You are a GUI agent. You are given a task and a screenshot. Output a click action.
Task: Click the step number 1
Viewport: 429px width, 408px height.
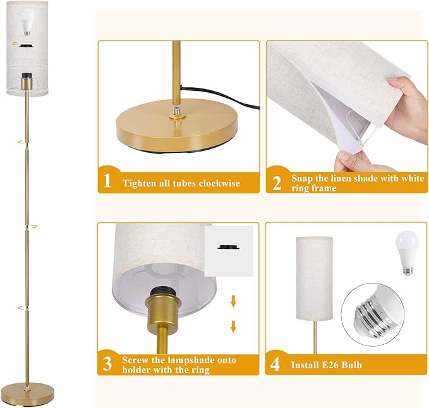point(107,182)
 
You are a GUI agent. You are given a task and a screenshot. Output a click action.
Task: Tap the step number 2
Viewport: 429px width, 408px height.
point(276,183)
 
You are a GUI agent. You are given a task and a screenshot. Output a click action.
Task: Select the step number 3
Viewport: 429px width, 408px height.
point(107,364)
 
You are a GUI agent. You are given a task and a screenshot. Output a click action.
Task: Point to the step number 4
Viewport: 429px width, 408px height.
point(276,364)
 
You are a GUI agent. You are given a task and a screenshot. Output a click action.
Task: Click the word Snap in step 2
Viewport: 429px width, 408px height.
point(302,179)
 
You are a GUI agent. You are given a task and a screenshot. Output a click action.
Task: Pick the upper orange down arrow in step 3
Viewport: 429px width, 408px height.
point(233,303)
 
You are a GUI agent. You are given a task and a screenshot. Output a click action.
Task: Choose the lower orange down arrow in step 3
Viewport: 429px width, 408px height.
point(233,326)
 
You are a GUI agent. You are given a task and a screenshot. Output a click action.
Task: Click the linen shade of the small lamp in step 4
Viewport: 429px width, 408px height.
point(313,278)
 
